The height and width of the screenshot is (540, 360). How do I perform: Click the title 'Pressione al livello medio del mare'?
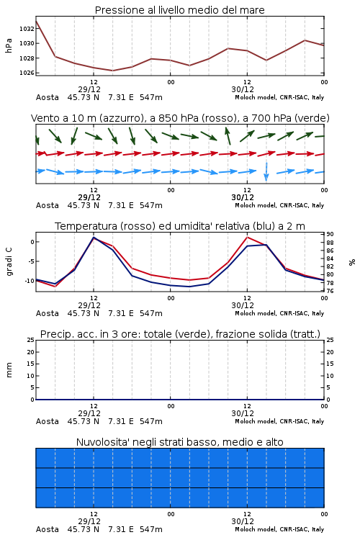coord(179,10)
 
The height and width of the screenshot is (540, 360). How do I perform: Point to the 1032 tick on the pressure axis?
coord(27,29)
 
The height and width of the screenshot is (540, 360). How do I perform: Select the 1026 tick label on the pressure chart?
coord(27,73)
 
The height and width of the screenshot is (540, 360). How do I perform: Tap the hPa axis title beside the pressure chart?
coord(9,45)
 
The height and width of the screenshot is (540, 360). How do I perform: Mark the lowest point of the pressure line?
coord(112,71)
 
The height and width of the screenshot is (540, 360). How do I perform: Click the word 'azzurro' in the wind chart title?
coord(121,119)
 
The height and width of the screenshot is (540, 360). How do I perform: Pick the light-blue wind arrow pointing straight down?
coord(266,171)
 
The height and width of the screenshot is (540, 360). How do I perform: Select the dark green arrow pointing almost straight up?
coord(228,135)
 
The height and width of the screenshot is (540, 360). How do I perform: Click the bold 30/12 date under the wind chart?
coord(243,197)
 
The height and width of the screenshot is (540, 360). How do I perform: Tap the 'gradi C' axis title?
coord(9,261)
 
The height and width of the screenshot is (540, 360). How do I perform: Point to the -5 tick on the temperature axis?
coord(32,261)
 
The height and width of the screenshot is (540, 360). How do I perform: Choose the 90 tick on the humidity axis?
coord(330,234)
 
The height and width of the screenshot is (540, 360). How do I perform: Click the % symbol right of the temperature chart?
coord(352,262)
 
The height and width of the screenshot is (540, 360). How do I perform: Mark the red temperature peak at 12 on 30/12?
coord(247,237)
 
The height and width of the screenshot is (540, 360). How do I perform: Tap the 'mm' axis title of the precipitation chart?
coord(9,370)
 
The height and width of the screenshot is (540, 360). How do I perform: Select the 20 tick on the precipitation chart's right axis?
coord(330,352)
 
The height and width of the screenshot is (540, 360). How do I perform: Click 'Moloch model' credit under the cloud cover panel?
coord(256,529)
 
